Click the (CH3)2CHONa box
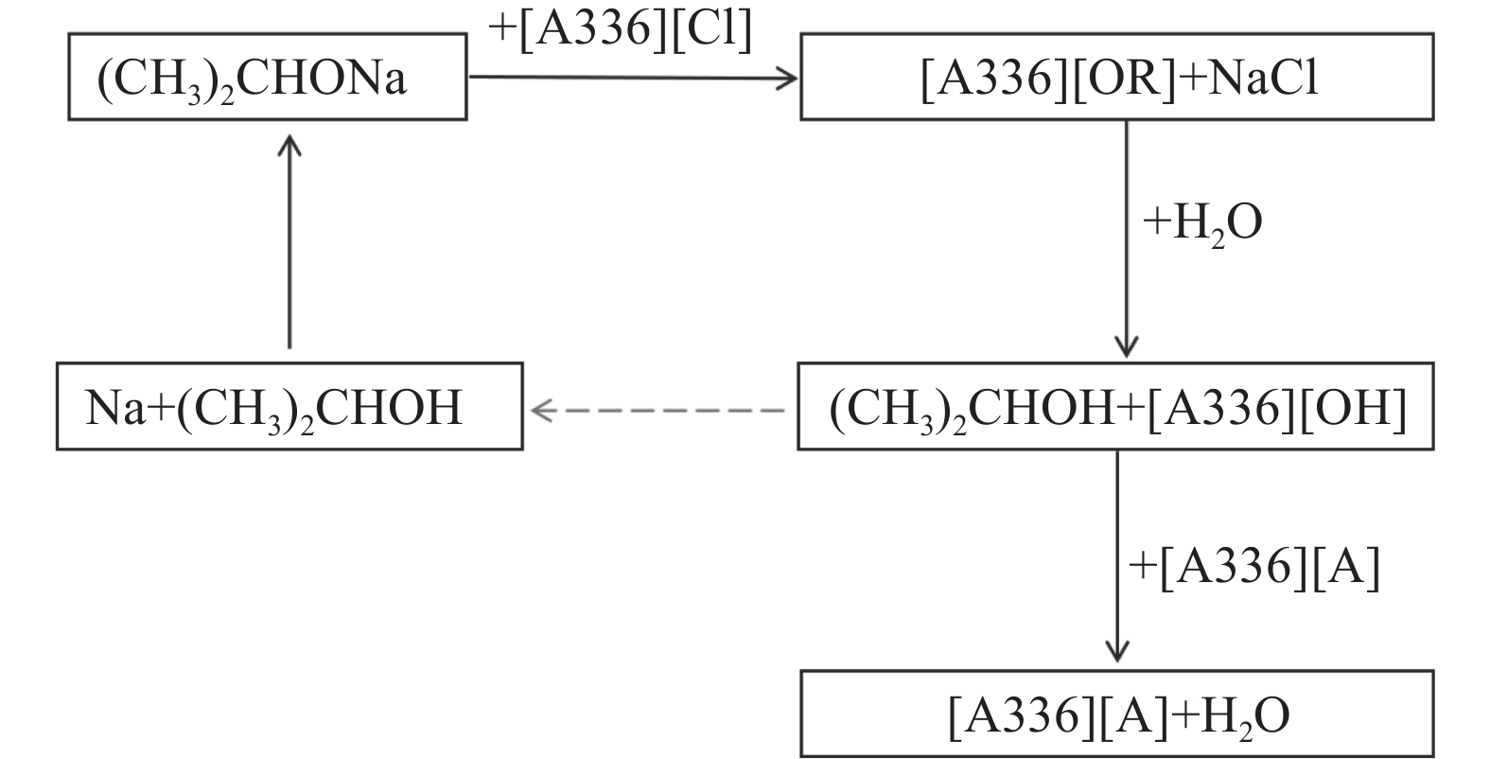(x=267, y=77)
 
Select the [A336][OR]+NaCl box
(x=1116, y=77)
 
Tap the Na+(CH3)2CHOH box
(x=289, y=406)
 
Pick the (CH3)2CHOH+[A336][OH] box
(x=1116, y=406)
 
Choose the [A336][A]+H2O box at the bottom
(x=1116, y=715)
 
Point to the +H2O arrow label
(x=1202, y=223)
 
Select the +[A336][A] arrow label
(x=1254, y=568)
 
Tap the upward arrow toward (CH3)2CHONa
(x=289, y=241)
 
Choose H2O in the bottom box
(x=1240, y=715)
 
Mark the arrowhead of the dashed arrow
(x=542, y=409)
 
